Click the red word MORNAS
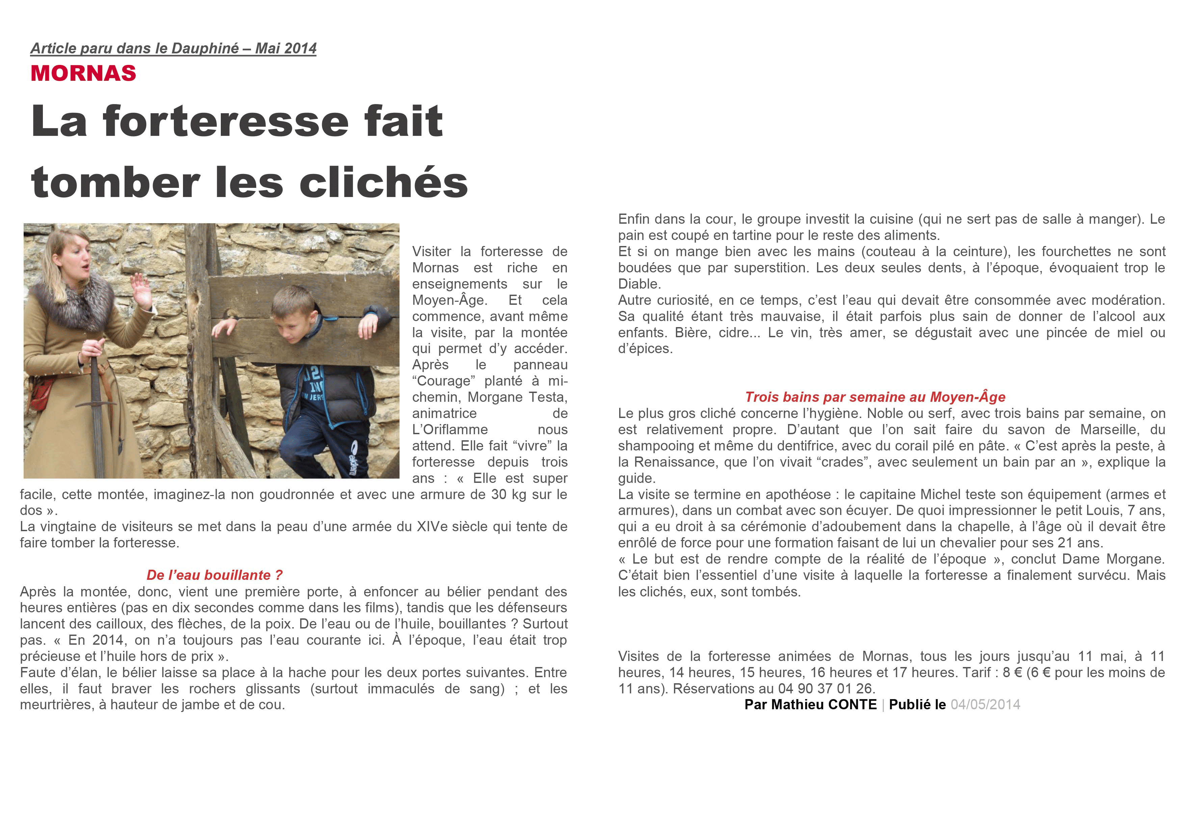tap(83, 73)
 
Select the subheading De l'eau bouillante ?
tap(214, 575)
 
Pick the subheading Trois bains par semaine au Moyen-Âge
tap(875, 397)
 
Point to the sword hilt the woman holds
tap(95, 361)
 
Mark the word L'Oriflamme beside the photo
tap(450, 429)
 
